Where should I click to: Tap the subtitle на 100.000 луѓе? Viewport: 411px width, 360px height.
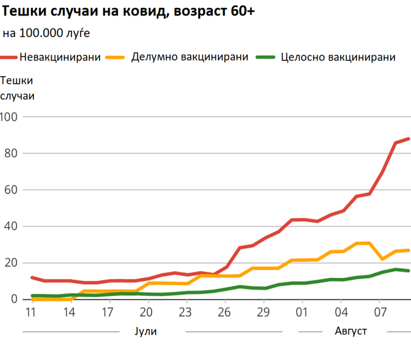[46, 33]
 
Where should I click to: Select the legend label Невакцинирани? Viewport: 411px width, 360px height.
[60, 57]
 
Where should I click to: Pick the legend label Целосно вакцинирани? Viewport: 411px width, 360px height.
[339, 57]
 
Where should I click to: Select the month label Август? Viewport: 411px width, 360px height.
[350, 330]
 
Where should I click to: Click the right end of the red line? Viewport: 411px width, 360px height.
[408, 138]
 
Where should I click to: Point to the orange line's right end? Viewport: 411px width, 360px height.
[408, 250]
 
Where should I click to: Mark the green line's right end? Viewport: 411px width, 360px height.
[408, 271]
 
